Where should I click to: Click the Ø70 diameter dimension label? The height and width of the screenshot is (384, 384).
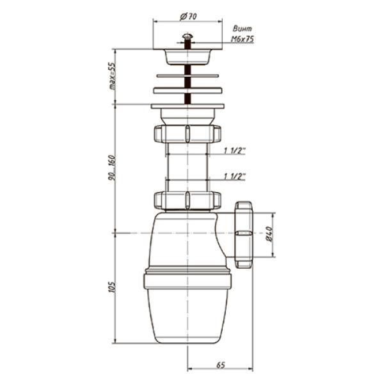coord(188,17)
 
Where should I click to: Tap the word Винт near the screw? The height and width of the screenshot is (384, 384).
coord(242,29)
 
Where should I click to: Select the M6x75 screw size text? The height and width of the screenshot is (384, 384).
coord(242,39)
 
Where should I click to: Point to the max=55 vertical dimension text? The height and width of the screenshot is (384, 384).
coord(112,76)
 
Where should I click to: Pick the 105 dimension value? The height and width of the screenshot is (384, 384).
coord(111,287)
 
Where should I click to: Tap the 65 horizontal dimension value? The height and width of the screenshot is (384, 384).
coord(220,365)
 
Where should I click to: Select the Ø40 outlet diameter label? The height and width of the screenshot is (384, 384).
coord(269,234)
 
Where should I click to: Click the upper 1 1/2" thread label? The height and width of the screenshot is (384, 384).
coord(234,150)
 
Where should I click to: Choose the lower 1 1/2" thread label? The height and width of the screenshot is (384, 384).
coord(234,177)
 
